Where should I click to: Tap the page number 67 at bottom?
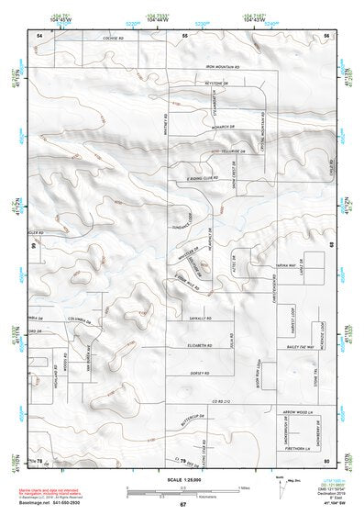(182, 504)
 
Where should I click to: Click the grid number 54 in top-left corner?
(39, 33)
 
